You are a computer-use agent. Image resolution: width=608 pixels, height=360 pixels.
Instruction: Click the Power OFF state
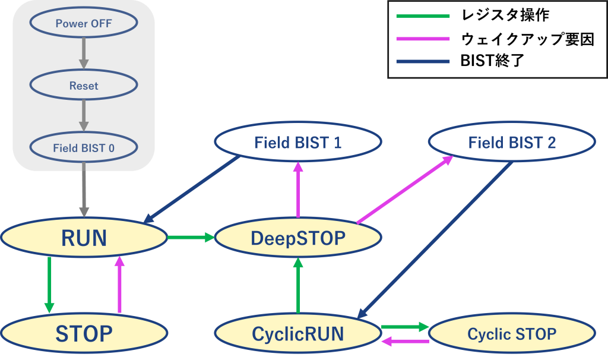pyautogui.click(x=84, y=24)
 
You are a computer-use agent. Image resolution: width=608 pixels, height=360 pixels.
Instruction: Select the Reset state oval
pyautogui.click(x=84, y=86)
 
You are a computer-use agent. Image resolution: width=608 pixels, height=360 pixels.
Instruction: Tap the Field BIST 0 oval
pyautogui.click(x=84, y=148)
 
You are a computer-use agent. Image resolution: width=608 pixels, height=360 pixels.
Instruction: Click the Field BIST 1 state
pyautogui.click(x=297, y=143)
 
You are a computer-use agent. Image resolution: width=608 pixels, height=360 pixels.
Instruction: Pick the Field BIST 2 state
pyautogui.click(x=511, y=143)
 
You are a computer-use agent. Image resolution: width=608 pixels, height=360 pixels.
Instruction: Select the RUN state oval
pyautogui.click(x=84, y=238)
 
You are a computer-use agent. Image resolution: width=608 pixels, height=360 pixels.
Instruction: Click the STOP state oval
pyautogui.click(x=84, y=333)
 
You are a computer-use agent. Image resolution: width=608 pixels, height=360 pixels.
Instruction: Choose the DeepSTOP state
pyautogui.click(x=297, y=238)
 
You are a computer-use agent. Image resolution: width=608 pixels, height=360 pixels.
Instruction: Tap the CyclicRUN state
pyautogui.click(x=297, y=333)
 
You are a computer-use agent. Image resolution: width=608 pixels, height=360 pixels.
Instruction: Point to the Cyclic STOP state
pyautogui.click(x=511, y=333)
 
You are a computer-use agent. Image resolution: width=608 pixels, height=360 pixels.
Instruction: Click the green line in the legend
pyautogui.click(x=423, y=16)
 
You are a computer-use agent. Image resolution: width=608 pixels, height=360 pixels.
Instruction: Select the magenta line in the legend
pyautogui.click(x=423, y=39)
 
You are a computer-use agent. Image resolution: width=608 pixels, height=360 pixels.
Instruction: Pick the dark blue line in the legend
pyautogui.click(x=423, y=61)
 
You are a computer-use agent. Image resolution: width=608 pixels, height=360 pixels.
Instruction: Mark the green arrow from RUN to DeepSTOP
pyautogui.click(x=191, y=238)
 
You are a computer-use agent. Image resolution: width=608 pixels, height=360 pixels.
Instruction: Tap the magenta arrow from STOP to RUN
pyautogui.click(x=119, y=285)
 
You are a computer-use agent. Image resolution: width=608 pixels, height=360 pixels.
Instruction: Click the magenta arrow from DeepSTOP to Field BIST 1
pyautogui.click(x=297, y=190)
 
